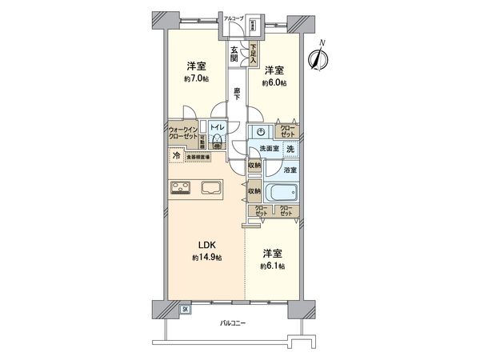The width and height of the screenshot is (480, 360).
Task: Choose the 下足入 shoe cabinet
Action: pos(251,54)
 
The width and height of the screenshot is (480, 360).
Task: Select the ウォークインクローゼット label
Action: pos(186,132)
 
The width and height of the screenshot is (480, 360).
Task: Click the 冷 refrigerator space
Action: pos(175,157)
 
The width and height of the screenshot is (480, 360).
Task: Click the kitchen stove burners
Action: pos(179,189)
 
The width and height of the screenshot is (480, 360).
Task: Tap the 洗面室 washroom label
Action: pos(267,150)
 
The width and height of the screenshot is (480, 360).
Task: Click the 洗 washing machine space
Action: pos(290,149)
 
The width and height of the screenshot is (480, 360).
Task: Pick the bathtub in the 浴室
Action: pos(281,194)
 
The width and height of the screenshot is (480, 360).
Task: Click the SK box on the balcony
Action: pos(185,309)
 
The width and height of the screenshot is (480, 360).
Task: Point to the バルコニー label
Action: pos(233,323)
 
